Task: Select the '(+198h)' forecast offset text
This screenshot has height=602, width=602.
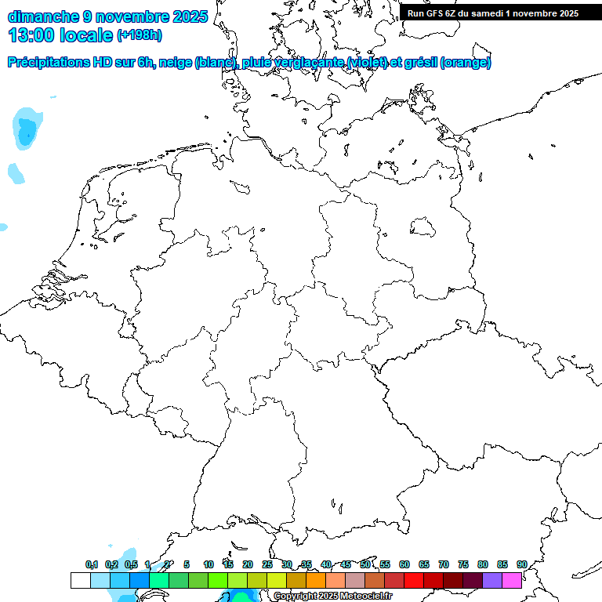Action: point(139,35)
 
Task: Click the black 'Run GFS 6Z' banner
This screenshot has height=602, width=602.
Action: point(493,13)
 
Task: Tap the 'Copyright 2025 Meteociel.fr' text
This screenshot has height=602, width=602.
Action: point(332,597)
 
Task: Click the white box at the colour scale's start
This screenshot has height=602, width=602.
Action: point(80,580)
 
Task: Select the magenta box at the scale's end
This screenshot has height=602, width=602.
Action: point(512,580)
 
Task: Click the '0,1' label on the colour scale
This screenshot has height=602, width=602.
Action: point(92,564)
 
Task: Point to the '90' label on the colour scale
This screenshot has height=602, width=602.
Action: point(521,564)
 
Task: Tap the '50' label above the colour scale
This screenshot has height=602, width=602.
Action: point(365,564)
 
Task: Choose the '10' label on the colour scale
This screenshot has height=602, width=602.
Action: point(209,564)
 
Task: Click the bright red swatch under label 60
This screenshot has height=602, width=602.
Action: point(413,580)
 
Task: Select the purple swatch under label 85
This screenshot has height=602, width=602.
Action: point(491,580)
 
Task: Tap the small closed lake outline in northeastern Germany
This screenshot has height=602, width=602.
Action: point(424,227)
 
